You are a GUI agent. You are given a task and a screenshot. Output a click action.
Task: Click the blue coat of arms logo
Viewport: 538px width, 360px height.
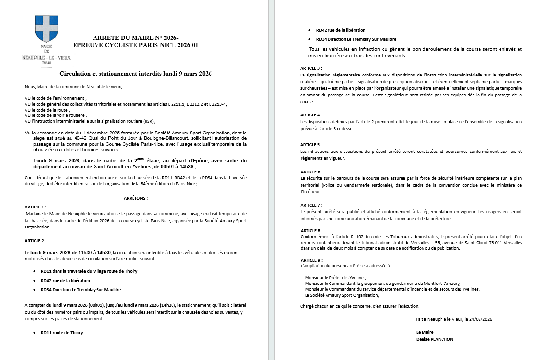(x=46, y=30)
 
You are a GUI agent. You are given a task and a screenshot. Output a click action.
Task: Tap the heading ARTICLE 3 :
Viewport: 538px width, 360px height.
(x=311, y=68)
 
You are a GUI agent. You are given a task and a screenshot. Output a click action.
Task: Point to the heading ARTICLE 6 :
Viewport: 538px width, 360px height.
(x=311, y=172)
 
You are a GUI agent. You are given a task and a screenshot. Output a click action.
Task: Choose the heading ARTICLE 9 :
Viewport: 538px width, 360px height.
(x=311, y=260)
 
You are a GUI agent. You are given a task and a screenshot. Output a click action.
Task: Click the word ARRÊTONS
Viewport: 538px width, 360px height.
(x=136, y=198)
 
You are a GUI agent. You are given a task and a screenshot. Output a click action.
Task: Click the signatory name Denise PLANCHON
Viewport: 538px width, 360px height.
(x=435, y=339)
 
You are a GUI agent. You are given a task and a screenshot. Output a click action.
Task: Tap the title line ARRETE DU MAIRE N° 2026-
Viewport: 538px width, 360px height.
(x=135, y=38)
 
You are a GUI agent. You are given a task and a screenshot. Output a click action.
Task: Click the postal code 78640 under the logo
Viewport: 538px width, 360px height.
(x=47, y=63)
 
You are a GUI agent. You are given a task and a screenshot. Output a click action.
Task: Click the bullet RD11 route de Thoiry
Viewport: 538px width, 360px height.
(x=62, y=333)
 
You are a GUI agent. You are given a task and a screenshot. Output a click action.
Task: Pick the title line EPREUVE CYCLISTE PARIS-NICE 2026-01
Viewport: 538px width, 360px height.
(x=135, y=45)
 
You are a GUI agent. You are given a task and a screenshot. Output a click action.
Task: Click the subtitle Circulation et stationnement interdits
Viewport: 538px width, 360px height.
(x=135, y=74)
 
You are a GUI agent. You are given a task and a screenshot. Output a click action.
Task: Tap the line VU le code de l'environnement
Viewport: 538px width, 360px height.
(x=56, y=98)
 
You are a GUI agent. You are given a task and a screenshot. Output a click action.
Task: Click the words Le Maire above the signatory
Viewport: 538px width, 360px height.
(x=425, y=332)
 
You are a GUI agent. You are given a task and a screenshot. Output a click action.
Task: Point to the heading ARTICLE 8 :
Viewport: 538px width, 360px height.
(x=311, y=230)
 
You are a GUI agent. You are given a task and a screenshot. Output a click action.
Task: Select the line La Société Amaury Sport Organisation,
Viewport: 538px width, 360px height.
(x=342, y=295)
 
